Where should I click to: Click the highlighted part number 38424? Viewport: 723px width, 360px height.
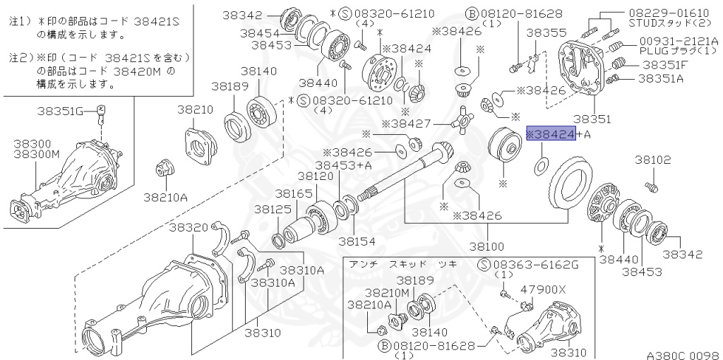pyautogui.click(x=551, y=134)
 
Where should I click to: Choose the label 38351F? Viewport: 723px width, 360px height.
pyautogui.click(x=662, y=64)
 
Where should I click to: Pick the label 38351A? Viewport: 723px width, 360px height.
pyautogui.click(x=662, y=78)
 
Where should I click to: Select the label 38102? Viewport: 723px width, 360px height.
pyautogui.click(x=652, y=160)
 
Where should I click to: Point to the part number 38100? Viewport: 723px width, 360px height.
pyautogui.click(x=486, y=246)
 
